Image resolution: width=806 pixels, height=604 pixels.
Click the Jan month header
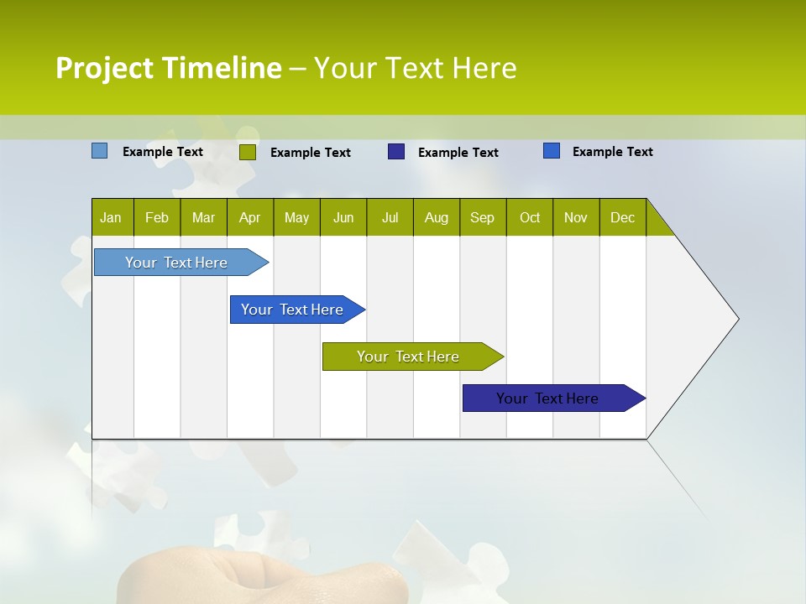coord(111,217)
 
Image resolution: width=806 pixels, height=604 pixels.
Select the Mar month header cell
coord(203,217)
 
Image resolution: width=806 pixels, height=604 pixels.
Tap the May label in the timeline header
coord(296,217)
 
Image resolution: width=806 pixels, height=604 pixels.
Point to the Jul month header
coord(390,217)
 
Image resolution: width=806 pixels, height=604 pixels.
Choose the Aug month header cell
coord(436,217)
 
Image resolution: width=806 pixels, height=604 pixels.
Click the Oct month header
coord(530,217)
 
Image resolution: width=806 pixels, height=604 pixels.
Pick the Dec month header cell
coord(622,217)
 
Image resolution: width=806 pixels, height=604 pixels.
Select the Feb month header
coord(157,217)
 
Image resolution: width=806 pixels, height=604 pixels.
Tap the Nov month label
coord(576,217)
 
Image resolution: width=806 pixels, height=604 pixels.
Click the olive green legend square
coord(247,152)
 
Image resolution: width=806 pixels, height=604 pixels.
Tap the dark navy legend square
coord(396,152)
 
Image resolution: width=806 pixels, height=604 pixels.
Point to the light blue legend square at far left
coord(99,151)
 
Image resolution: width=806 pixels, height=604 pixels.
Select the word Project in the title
coord(105,68)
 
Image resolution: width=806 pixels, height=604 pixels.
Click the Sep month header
coord(482,217)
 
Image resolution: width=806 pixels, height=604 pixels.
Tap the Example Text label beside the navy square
coord(458,153)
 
